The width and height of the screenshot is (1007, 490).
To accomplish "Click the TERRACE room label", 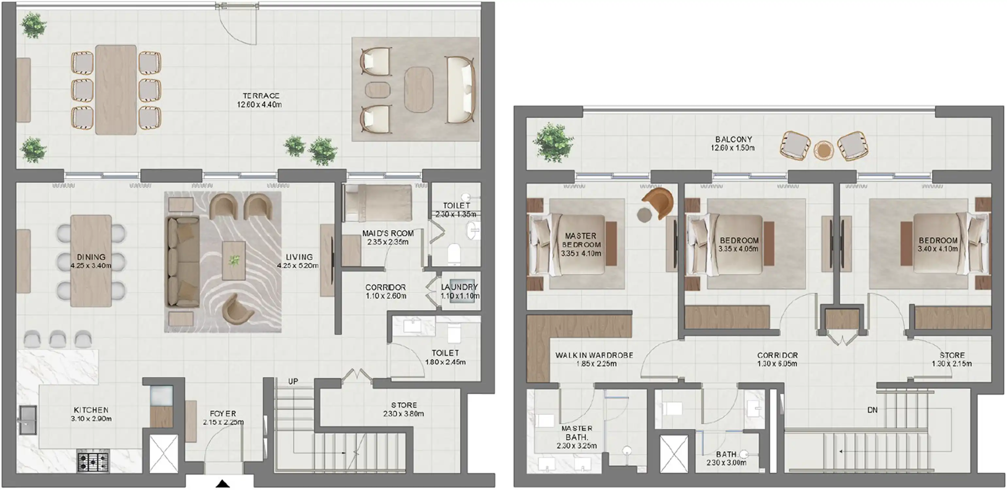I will (x=261, y=96).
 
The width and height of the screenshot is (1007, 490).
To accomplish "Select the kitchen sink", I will (x=28, y=420).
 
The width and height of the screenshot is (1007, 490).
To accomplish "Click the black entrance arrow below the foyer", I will (x=223, y=484).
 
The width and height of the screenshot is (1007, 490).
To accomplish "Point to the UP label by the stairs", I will (x=293, y=381).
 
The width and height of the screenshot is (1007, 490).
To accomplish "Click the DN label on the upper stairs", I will (x=872, y=410).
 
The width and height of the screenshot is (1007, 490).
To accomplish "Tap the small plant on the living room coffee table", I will (x=234, y=260).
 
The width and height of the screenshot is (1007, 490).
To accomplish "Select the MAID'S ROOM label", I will (x=388, y=233).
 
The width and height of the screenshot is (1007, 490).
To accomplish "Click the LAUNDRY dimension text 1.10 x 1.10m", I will (x=460, y=296).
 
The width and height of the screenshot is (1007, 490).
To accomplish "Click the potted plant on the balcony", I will (x=553, y=142).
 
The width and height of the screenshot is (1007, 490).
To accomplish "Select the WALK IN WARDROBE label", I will (x=594, y=355).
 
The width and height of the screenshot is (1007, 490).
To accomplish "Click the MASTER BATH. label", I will (x=577, y=433).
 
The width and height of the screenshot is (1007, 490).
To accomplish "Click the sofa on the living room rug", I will (x=183, y=262).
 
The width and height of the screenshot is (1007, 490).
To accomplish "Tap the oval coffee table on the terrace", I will (x=418, y=90).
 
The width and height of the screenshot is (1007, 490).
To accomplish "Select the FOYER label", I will (x=223, y=414).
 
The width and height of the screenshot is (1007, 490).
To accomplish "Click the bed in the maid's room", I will (x=378, y=203).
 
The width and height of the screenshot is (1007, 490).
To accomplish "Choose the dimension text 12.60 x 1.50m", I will (x=732, y=148).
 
